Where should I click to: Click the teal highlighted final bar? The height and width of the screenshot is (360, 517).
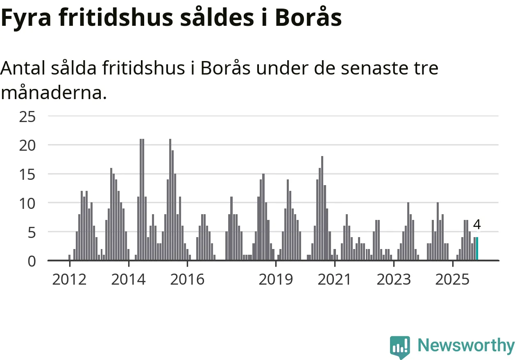pyautogui.click(x=477, y=248)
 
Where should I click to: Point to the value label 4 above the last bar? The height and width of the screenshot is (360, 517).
pyautogui.click(x=477, y=224)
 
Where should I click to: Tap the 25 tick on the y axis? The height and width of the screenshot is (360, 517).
pyautogui.click(x=27, y=117)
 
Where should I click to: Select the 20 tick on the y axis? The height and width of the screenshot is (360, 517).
pyautogui.click(x=27, y=145)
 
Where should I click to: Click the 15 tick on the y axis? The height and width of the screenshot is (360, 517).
pyautogui.click(x=27, y=174)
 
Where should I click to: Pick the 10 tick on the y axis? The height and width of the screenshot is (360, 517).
pyautogui.click(x=27, y=203)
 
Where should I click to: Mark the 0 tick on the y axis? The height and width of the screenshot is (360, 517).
pyautogui.click(x=32, y=261)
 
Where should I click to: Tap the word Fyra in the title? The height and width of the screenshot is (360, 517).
pyautogui.click(x=26, y=18)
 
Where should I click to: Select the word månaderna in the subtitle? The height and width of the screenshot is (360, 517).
pyautogui.click(x=53, y=93)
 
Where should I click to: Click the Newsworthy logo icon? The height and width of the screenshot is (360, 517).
pyautogui.click(x=400, y=346)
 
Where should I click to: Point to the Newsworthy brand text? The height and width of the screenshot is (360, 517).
pyautogui.click(x=466, y=346)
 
